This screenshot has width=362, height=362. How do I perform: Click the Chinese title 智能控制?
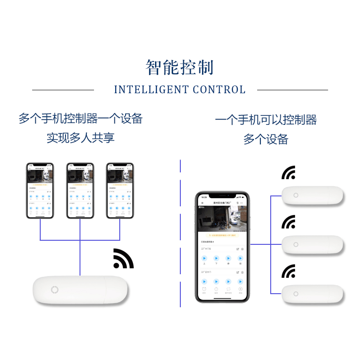[180, 67]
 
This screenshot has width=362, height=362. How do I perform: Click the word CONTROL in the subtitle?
[219, 90]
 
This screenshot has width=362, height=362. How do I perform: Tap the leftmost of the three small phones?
[40, 191]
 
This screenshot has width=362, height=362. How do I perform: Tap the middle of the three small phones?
[80, 191]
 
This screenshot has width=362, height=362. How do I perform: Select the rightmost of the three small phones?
[120, 191]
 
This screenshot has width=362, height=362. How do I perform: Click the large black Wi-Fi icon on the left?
[123, 259]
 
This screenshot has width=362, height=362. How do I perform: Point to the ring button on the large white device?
[55, 291]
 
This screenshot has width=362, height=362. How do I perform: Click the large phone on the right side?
[222, 247]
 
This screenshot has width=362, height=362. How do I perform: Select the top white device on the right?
[312, 195]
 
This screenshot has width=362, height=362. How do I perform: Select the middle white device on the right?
[312, 244]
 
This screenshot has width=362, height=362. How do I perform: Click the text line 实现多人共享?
[80, 138]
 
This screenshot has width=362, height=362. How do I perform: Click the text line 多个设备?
[266, 139]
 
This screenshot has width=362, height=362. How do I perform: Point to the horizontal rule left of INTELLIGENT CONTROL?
[63, 90]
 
